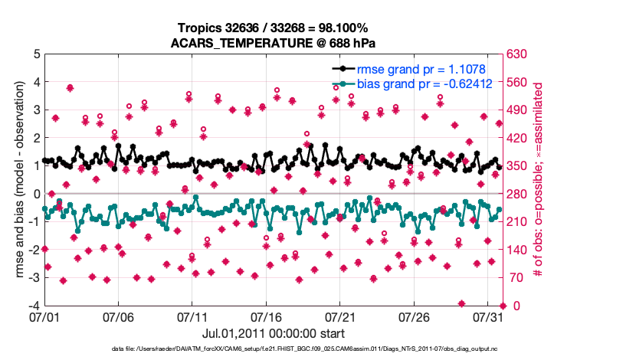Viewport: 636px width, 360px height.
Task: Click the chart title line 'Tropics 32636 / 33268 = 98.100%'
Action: coord(272,28)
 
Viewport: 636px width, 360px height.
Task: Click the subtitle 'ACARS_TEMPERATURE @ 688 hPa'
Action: coord(272,43)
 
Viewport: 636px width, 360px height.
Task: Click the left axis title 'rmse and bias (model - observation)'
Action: coord(19,180)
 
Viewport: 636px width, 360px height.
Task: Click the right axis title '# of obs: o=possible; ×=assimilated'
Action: coord(538,180)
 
